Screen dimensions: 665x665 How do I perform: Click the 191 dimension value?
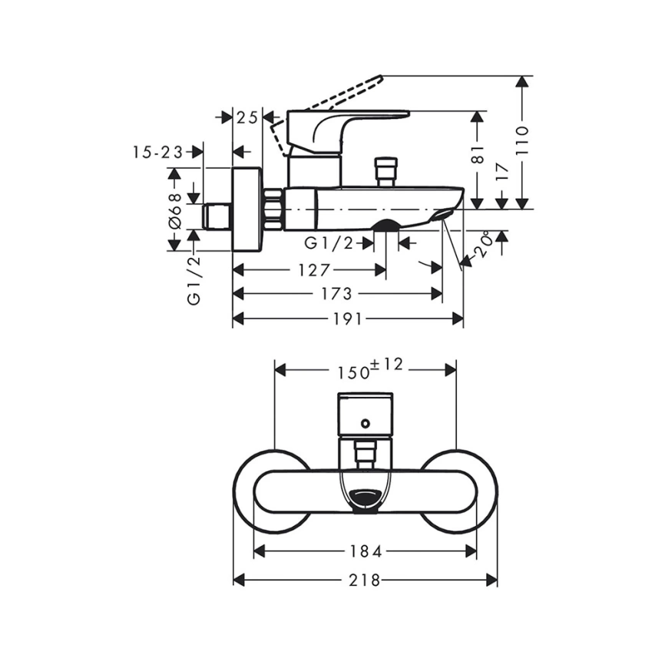tap(348, 319)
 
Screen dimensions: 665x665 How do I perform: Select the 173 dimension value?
tap(337, 294)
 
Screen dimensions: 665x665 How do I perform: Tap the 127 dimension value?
tap(315, 270)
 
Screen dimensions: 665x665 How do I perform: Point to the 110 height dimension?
tap(523, 141)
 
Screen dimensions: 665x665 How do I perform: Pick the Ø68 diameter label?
tap(175, 210)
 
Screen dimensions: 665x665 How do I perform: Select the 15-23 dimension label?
tap(157, 152)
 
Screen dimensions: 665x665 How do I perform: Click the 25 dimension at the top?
tap(246, 117)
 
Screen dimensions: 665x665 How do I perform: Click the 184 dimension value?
tap(366, 551)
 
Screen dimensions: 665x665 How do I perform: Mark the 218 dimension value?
tap(366, 581)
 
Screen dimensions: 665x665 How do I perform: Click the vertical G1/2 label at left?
tap(194, 280)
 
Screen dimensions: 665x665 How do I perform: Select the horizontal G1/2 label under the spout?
tap(329, 243)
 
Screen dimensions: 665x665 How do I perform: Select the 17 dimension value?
tap(502, 173)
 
